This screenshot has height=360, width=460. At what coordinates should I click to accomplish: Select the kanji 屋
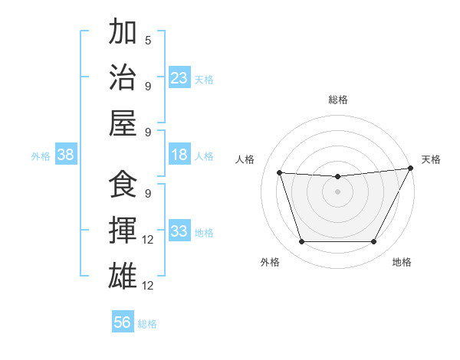tap(123, 123)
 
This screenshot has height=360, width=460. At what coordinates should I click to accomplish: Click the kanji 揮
tap(123, 231)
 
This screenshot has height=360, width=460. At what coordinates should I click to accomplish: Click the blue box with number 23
tap(179, 77)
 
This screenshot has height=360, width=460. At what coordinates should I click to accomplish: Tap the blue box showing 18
tap(179, 155)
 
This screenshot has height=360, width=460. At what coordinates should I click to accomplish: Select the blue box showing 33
tap(179, 231)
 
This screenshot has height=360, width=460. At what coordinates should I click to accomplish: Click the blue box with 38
tap(65, 155)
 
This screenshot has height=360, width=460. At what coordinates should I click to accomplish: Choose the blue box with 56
tap(123, 322)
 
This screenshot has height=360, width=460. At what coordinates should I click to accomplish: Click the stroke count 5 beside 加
tap(148, 40)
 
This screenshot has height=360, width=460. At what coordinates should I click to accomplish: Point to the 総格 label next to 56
tap(147, 324)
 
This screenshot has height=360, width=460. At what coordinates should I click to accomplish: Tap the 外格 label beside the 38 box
tap(41, 156)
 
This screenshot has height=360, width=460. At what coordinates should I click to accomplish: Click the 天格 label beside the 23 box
tap(204, 79)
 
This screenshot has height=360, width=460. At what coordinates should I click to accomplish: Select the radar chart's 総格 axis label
tap(337, 100)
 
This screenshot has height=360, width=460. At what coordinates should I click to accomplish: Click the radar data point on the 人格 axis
tap(280, 173)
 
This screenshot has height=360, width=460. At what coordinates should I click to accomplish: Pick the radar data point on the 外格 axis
tap(301, 242)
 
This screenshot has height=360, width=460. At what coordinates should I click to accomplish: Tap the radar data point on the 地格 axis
tap(373, 242)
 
